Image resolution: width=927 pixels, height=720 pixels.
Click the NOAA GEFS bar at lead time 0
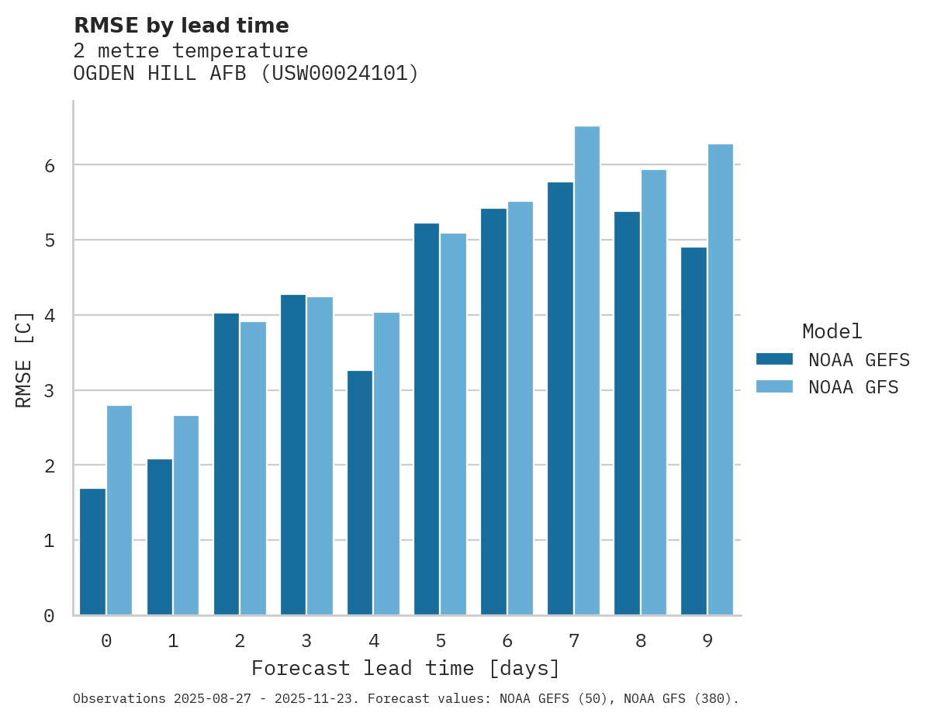click(x=92, y=552)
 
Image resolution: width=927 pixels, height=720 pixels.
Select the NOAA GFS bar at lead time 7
click(x=587, y=371)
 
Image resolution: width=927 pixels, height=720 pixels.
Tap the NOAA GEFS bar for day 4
click(x=360, y=493)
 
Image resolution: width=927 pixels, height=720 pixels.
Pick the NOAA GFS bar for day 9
click(x=721, y=379)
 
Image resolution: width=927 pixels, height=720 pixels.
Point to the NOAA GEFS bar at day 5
click(x=427, y=419)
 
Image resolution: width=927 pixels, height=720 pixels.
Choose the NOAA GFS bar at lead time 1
click(x=186, y=515)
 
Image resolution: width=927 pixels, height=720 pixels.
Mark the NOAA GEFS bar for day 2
click(x=227, y=464)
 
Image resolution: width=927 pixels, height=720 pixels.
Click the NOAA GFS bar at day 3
click(x=320, y=455)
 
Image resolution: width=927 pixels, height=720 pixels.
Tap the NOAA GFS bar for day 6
click(x=521, y=408)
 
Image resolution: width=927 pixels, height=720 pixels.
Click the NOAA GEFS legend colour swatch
click(x=774, y=359)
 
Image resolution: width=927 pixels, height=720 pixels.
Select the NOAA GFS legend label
click(x=853, y=387)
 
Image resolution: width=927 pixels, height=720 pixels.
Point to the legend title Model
click(x=832, y=331)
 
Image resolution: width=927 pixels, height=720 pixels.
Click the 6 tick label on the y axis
click(x=49, y=165)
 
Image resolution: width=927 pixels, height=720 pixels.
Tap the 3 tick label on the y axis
click(x=49, y=390)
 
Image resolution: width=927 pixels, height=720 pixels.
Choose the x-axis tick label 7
click(x=574, y=641)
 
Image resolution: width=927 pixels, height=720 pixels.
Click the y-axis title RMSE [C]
click(x=24, y=359)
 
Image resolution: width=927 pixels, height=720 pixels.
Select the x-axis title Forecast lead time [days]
click(x=405, y=668)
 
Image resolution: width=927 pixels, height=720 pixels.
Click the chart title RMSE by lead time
click(x=181, y=26)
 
